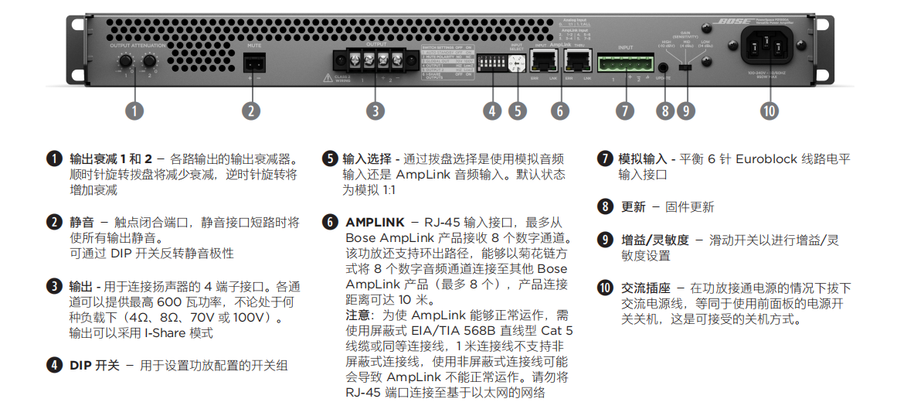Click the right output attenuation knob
click(x=149, y=60)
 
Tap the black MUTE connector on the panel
click(x=254, y=63)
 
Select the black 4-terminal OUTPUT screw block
click(x=371, y=60)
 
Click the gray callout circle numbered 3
click(x=375, y=111)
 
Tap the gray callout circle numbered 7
click(x=624, y=111)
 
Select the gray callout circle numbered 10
click(x=768, y=111)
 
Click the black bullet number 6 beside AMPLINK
click(x=330, y=223)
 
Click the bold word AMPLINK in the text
click(x=375, y=223)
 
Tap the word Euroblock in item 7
click(x=766, y=159)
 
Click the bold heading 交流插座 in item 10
click(x=645, y=288)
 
